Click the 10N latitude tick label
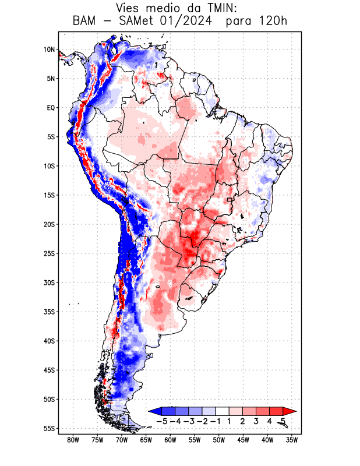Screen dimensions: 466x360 49,50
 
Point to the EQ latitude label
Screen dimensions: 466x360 50,108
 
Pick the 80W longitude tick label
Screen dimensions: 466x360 73,440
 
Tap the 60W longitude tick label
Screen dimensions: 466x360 171,440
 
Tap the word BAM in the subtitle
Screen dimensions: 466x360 84,22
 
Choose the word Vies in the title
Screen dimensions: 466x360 129,8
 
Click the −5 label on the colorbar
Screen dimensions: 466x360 162,421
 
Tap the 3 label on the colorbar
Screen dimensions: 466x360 256,421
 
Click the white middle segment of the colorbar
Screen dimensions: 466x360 223,411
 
